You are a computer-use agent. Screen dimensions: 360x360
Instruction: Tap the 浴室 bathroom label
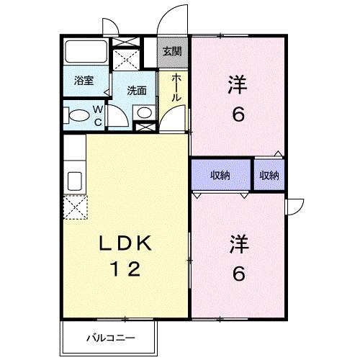[84, 81]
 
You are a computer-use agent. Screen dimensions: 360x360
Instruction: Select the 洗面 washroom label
[137, 91]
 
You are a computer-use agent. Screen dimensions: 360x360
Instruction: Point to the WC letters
[99, 115]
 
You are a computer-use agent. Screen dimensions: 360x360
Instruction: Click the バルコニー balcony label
[108, 336]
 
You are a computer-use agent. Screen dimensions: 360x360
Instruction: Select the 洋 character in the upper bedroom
[238, 86]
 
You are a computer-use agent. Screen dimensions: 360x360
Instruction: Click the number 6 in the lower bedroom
[238, 274]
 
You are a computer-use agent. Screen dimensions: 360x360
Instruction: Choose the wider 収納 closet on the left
[220, 175]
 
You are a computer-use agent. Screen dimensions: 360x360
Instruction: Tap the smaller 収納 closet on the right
[269, 175]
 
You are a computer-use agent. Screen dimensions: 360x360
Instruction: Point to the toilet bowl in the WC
[75, 114]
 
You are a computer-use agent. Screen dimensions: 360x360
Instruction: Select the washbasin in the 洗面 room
[144, 112]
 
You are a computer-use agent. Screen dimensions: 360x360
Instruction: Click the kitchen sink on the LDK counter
[73, 179]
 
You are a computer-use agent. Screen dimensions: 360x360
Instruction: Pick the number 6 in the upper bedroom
[238, 114]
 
